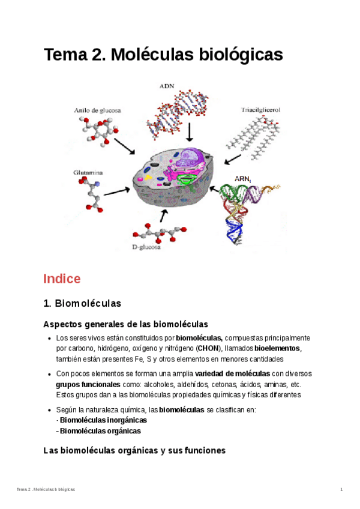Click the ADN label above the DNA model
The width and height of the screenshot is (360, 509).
point(167,86)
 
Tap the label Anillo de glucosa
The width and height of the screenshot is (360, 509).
point(97,110)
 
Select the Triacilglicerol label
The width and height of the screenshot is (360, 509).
point(261,110)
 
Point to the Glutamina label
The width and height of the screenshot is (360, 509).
point(88,172)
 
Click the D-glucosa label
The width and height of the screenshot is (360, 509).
point(146,247)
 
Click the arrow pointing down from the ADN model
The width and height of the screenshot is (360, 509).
point(190,131)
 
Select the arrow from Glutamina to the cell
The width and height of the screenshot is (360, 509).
point(116,191)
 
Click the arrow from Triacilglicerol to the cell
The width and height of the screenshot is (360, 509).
point(234,158)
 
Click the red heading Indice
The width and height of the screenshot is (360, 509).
point(61,279)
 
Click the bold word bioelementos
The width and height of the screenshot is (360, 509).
point(277,349)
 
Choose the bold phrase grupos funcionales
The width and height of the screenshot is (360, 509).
point(88,384)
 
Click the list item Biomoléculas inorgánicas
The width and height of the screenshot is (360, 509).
point(103,420)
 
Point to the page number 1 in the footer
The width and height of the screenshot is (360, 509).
point(341,490)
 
